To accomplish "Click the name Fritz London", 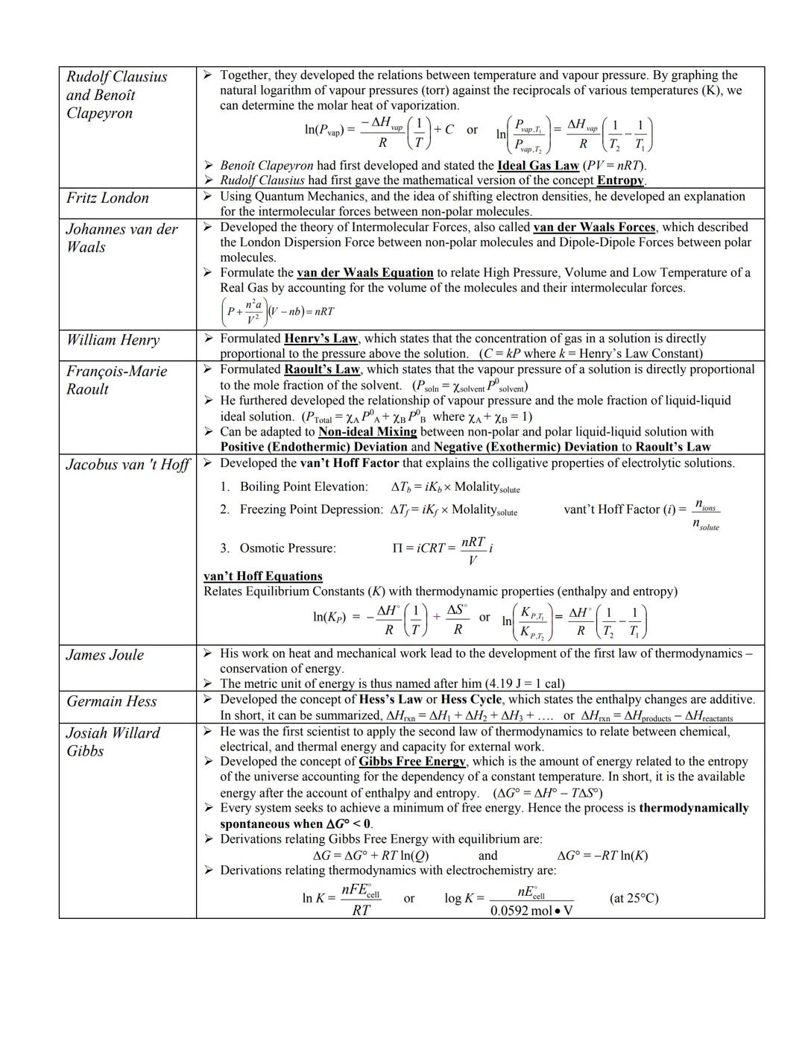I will click(x=107, y=198).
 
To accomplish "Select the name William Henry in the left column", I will click(x=113, y=341).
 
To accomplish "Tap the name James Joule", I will click(x=105, y=655).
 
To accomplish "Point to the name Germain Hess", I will click(x=111, y=702).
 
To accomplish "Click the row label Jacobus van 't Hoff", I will click(x=127, y=465).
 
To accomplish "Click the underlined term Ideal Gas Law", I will click(x=537, y=166).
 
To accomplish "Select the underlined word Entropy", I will click(x=620, y=181).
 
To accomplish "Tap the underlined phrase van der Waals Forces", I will click(x=594, y=227).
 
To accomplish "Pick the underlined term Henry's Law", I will click(x=321, y=339).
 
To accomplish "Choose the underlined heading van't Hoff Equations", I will click(x=263, y=577).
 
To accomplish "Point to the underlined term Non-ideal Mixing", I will click(x=367, y=432).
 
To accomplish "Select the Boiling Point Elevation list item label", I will click(x=303, y=487).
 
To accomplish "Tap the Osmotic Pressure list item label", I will click(x=287, y=548).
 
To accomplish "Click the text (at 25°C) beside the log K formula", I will click(x=634, y=898).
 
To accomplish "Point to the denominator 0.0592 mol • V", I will click(x=531, y=911).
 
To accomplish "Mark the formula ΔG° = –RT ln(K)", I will click(x=602, y=856).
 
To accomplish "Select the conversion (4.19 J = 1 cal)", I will click(x=524, y=684).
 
